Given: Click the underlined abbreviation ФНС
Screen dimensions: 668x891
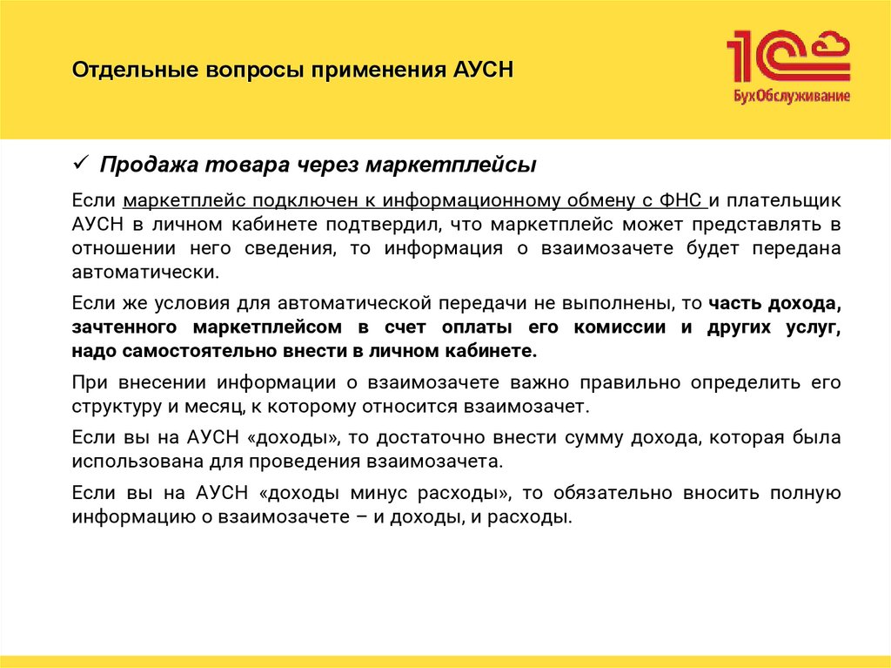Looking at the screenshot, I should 685,200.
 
